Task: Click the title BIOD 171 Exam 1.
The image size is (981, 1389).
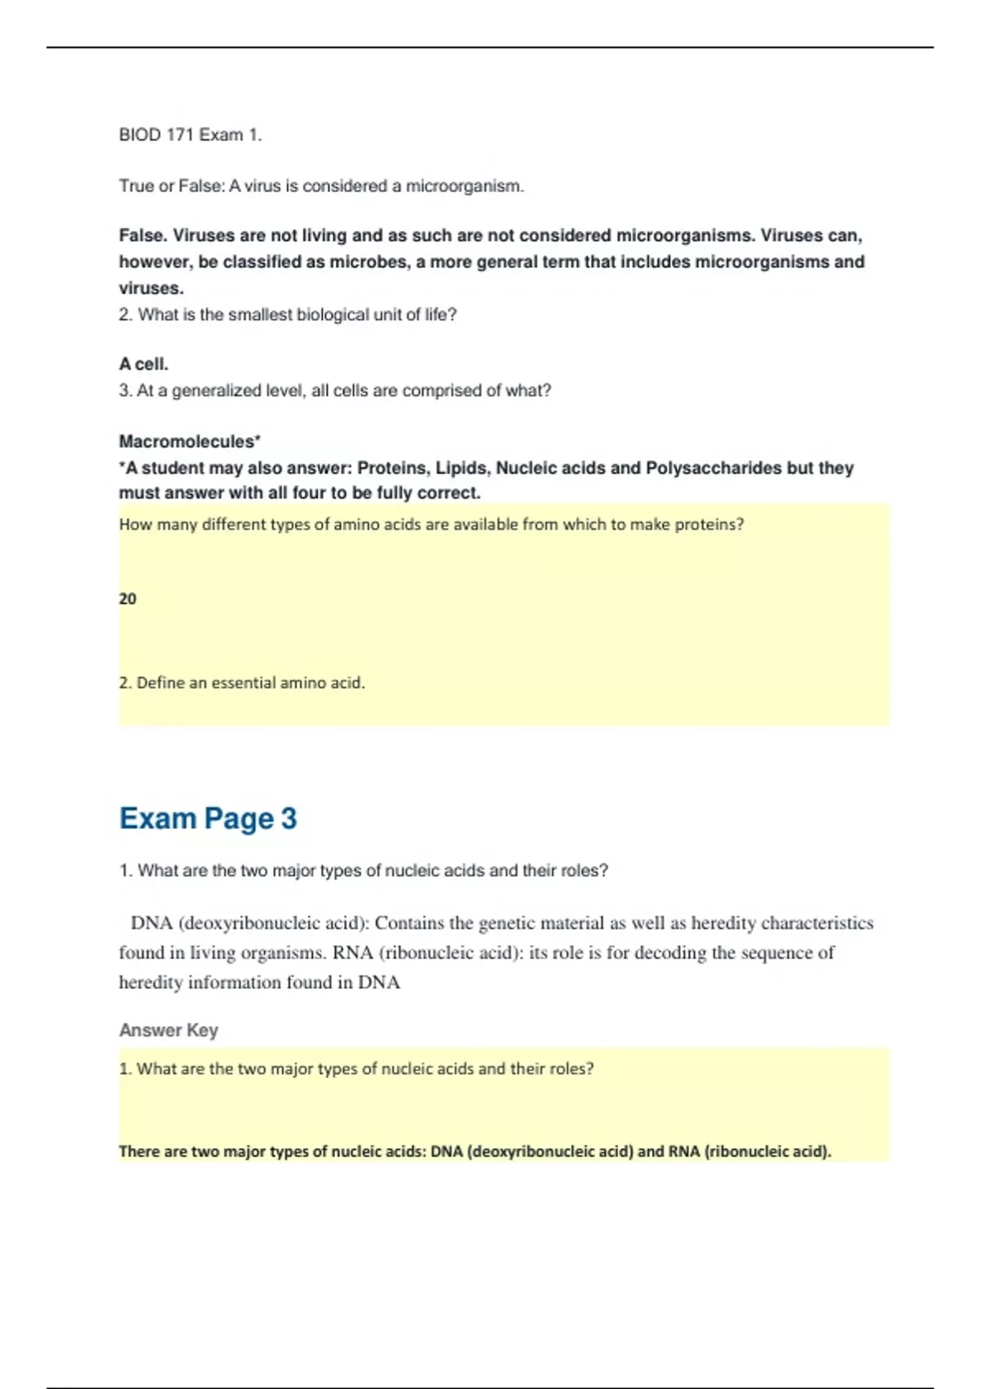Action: [x=190, y=135]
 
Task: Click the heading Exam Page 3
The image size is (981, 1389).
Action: [x=208, y=818]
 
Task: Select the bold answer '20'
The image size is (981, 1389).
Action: [x=128, y=599]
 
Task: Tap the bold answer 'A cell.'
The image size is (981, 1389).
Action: [x=144, y=364]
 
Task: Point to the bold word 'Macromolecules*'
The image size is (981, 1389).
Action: [x=190, y=441]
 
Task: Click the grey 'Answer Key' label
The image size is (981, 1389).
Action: [x=168, y=1029]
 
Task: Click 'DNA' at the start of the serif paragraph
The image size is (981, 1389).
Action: [x=151, y=923]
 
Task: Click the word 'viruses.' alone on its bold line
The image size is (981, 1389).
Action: [x=151, y=288]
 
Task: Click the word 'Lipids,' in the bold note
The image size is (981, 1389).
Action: [x=463, y=468]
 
